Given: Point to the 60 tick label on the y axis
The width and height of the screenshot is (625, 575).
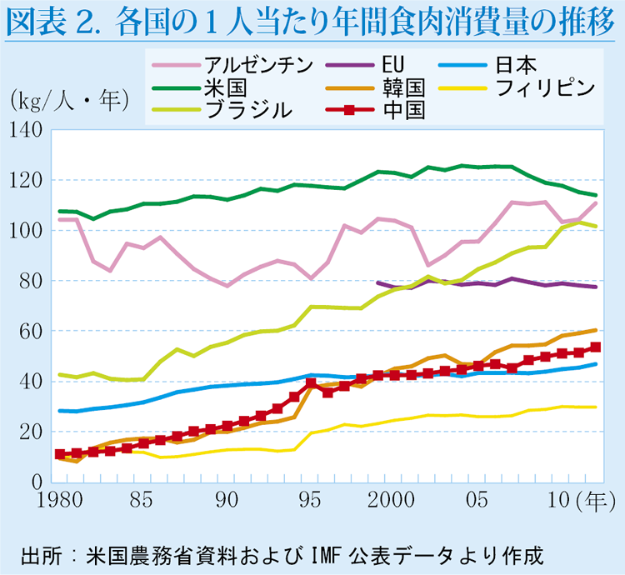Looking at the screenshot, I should click(30, 332).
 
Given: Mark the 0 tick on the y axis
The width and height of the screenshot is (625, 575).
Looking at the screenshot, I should click(37, 482).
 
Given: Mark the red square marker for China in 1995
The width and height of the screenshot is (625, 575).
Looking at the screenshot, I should click(311, 383).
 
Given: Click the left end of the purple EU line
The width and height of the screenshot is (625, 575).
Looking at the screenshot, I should click(377, 282).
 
